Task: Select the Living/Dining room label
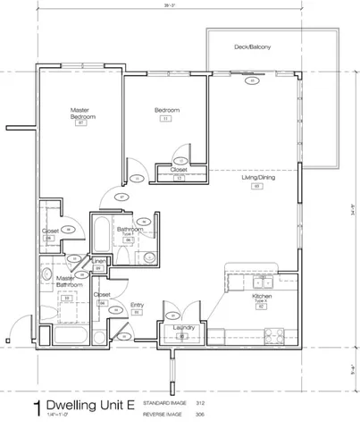click(257, 178)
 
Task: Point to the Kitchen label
click(261, 296)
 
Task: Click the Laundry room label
click(181, 327)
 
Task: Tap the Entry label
click(138, 306)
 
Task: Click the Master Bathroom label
click(65, 281)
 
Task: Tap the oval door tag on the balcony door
click(252, 80)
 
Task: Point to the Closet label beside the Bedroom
click(179, 170)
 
